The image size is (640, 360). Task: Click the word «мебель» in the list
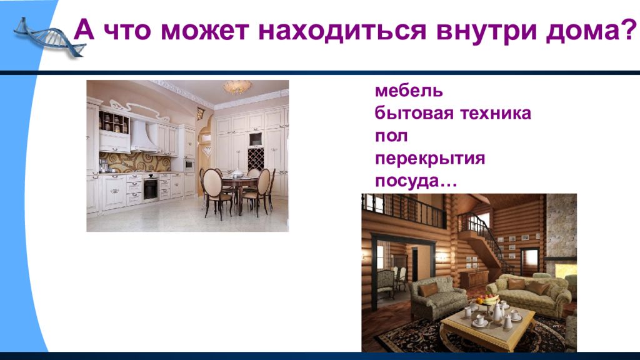(409, 91)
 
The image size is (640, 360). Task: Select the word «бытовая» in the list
(414, 113)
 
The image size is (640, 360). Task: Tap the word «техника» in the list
(496, 113)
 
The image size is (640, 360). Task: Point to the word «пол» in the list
(391, 136)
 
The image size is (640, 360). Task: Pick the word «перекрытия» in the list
(430, 159)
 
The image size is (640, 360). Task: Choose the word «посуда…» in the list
(416, 181)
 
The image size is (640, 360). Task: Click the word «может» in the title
(205, 31)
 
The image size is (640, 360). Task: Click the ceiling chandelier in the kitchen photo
(237, 86)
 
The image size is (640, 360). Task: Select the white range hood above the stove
(143, 136)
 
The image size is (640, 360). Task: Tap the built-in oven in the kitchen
(151, 189)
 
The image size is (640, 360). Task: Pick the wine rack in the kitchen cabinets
(256, 159)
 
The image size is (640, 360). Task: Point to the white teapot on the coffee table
(497, 312)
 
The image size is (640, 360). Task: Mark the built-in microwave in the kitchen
(189, 164)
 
